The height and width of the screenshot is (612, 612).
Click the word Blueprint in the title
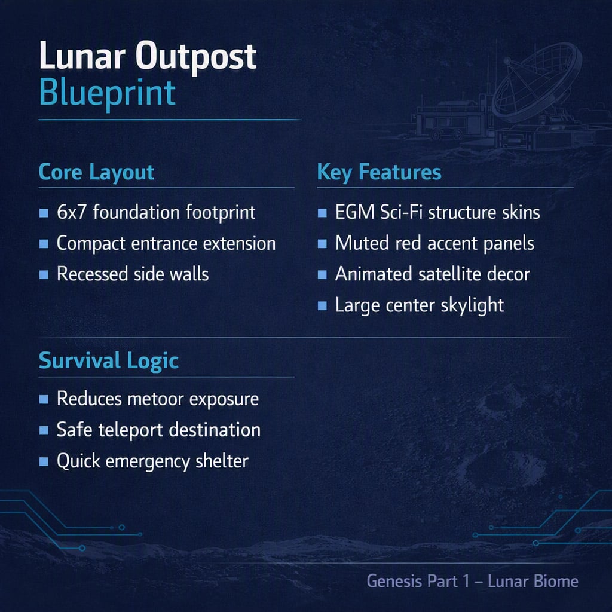point(108,93)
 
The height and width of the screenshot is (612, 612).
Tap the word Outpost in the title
point(196,56)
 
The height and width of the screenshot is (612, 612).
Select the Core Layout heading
point(96,172)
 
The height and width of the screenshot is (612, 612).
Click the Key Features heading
point(379,172)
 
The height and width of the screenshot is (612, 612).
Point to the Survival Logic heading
point(109,360)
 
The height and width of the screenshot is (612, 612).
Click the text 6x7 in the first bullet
point(71,212)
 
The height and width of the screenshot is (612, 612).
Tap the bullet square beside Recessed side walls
point(44,274)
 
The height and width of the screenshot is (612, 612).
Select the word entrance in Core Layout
point(164,244)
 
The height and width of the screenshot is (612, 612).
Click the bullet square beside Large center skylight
point(322,305)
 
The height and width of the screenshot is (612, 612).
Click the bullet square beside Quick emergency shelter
point(44,462)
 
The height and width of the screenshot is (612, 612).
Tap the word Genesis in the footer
point(394,581)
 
